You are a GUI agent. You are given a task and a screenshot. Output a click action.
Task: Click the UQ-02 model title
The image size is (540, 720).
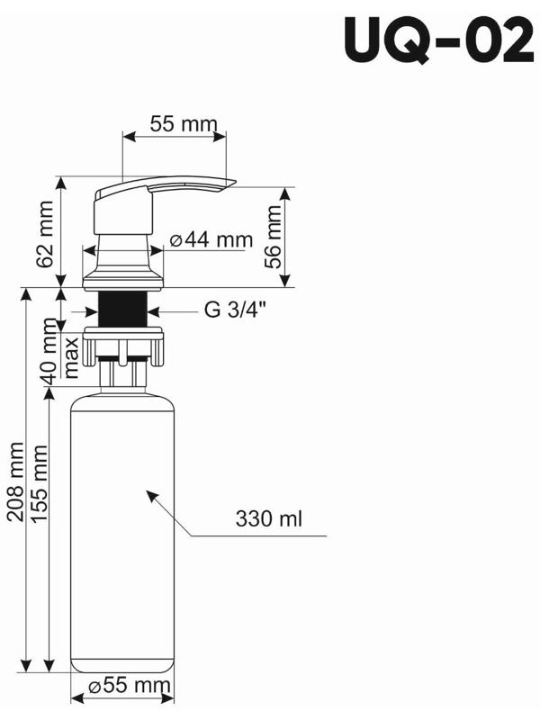(x=437, y=41)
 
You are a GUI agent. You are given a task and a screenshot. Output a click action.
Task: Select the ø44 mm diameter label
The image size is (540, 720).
(x=210, y=239)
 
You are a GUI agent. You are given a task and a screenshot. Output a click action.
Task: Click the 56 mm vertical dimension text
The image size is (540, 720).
(x=273, y=238)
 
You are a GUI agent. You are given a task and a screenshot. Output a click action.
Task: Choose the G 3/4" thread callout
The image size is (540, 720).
(x=236, y=311)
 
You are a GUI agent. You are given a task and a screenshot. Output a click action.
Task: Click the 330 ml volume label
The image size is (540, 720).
(x=268, y=519)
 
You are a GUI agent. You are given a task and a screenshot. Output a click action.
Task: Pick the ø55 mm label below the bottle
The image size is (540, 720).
(x=130, y=688)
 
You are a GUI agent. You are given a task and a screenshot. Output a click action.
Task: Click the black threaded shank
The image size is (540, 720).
(x=122, y=310)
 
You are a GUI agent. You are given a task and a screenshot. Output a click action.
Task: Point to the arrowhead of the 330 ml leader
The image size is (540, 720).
(x=150, y=494)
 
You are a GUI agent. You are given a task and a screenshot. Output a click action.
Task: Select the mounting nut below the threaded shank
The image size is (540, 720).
(x=123, y=345)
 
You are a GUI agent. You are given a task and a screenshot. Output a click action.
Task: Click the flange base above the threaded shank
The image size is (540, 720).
(x=122, y=283)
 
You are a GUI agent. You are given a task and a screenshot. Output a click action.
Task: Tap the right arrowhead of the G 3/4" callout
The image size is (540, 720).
(x=152, y=311)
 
